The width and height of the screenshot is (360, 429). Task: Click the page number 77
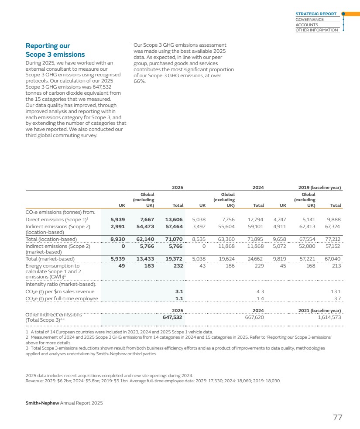(x=337, y=418)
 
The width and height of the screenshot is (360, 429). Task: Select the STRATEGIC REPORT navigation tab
(x=316, y=14)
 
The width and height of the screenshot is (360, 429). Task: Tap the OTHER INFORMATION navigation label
(x=317, y=30)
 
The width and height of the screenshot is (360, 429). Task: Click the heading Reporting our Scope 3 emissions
(x=55, y=50)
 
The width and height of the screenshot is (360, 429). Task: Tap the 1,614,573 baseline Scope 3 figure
(x=327, y=317)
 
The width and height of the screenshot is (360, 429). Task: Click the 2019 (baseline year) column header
(x=318, y=187)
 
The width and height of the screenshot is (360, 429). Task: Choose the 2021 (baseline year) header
(x=318, y=310)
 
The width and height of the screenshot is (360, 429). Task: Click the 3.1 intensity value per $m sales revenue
(x=179, y=292)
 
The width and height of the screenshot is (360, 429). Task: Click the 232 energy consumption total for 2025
(x=178, y=266)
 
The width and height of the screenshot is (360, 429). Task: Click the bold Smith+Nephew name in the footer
(x=42, y=403)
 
